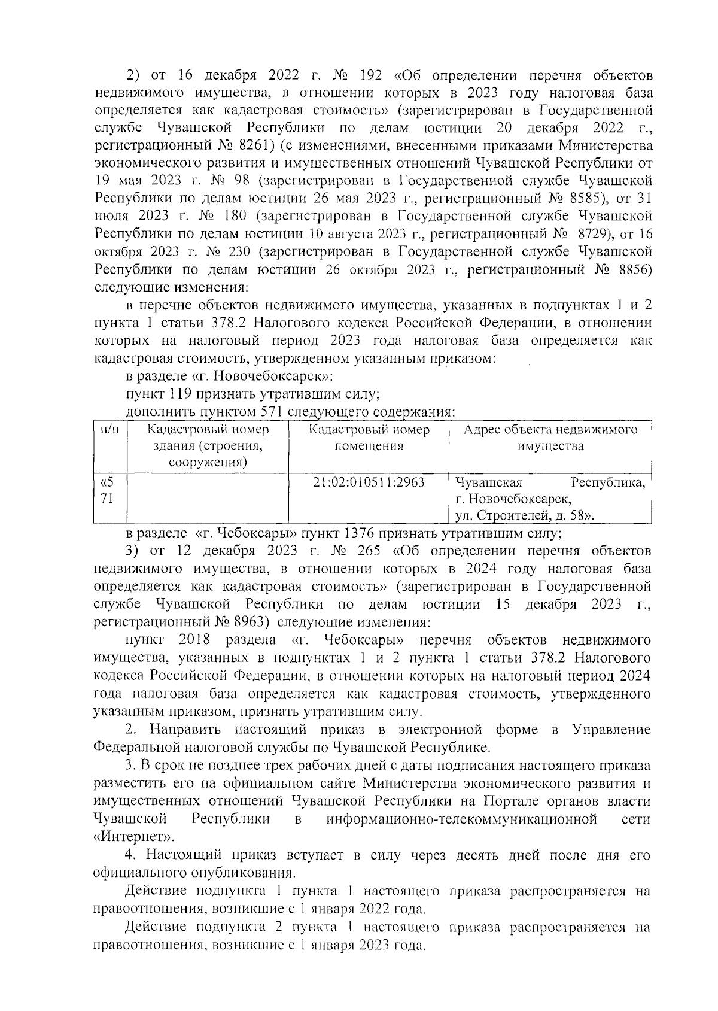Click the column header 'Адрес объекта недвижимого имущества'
[x=550, y=438]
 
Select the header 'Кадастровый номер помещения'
[x=369, y=438]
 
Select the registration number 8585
[x=603, y=198]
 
